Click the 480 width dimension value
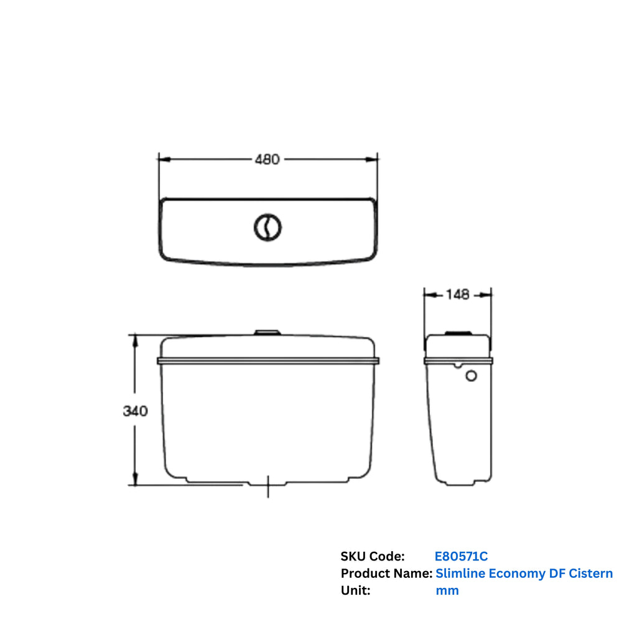pos(267,159)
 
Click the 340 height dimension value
pos(135,411)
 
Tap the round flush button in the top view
pos(267,228)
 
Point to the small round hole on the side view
pos(471,376)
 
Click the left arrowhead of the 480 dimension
pos(164,159)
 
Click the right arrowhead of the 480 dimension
pos(373,159)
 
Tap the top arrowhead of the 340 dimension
pos(135,340)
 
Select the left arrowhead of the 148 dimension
pos(429,295)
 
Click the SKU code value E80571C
pos(461,556)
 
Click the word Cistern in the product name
pos(590,574)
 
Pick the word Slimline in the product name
pos(460,574)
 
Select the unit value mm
pos(447,591)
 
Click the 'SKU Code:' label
pos(372,556)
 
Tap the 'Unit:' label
pos(355,591)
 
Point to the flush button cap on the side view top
pos(459,333)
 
